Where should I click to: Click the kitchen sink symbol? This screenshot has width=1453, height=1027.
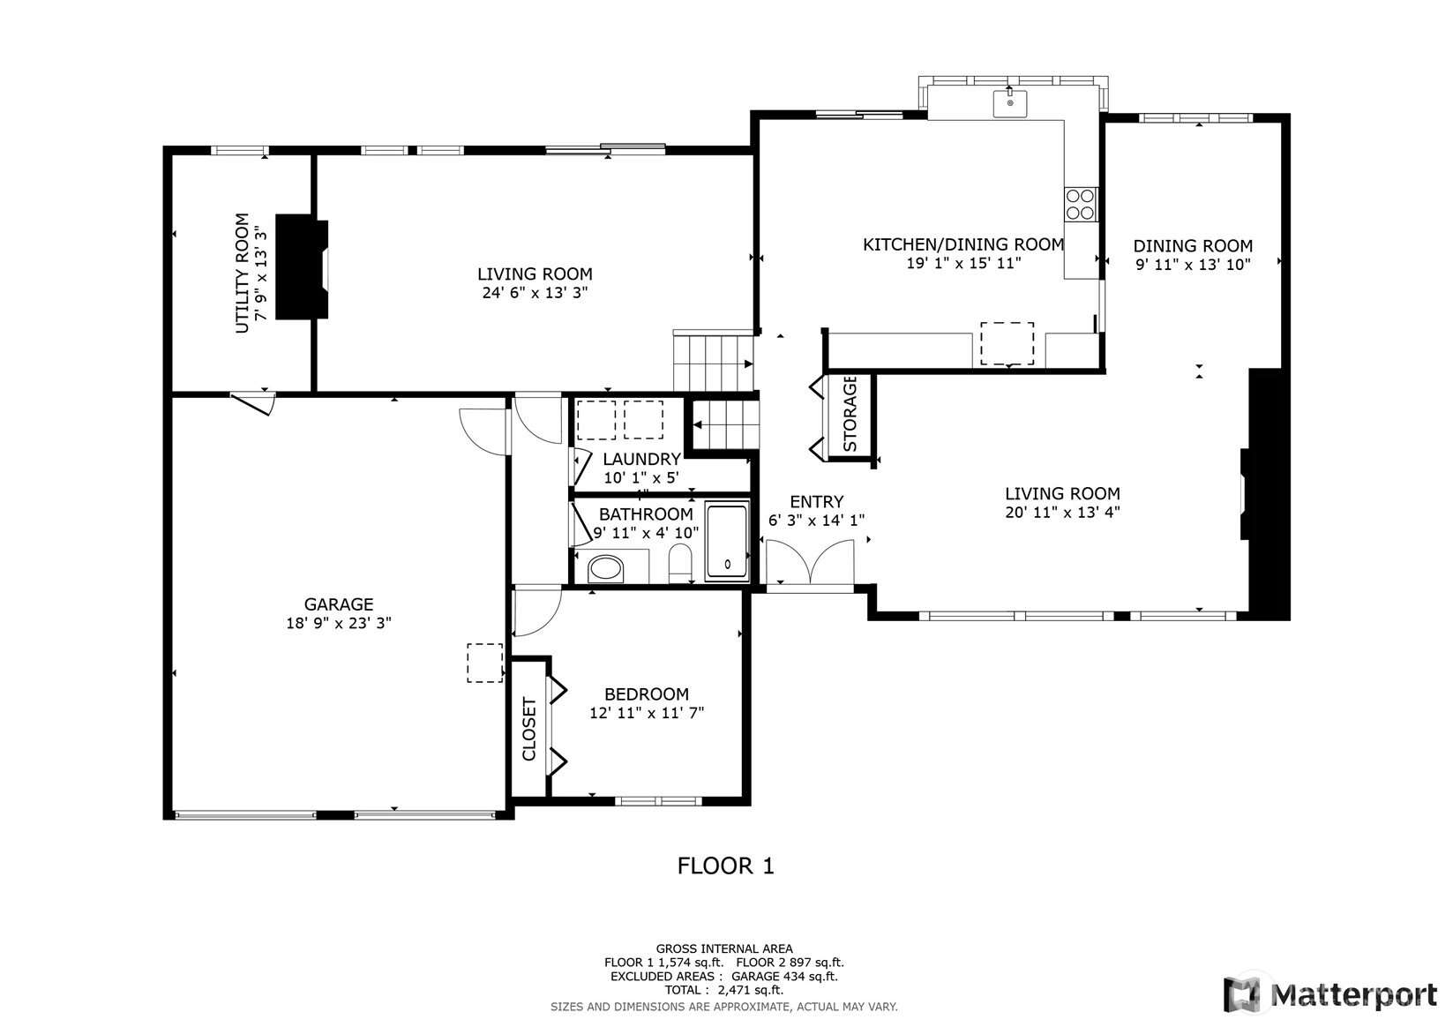1009,104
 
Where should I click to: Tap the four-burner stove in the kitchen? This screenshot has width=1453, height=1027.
1080,204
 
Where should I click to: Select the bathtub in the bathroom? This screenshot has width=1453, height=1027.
727,541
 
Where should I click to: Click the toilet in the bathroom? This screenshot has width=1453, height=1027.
680,563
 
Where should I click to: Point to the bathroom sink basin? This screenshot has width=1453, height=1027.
605,570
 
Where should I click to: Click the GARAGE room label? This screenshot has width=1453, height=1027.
339,604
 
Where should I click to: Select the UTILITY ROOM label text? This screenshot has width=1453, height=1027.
242,274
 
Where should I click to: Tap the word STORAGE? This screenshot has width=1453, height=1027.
850,413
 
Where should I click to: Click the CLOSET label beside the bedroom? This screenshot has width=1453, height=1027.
528,729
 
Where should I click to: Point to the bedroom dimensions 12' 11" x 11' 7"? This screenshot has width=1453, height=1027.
647,713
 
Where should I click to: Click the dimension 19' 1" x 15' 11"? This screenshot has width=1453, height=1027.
963,264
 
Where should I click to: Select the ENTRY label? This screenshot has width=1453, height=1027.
817,501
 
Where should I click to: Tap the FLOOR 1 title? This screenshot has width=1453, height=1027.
726,866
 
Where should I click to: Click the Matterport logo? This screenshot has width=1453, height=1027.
1330,993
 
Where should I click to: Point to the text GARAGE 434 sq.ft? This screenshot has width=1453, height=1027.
784,976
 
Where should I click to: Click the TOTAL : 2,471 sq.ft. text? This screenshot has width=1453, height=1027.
724,990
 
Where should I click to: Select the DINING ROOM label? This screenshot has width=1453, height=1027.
1192,246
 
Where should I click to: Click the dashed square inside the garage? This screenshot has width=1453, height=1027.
484,663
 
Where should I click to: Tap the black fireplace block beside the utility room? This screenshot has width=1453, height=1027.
302,266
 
